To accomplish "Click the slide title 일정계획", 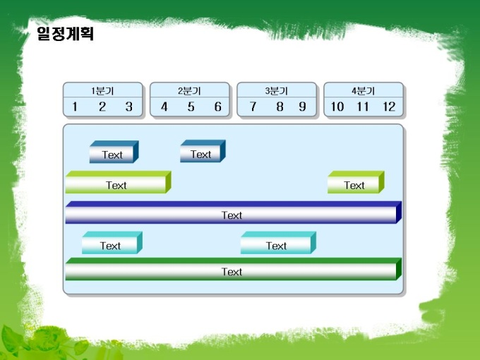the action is pyautogui.click(x=65, y=33).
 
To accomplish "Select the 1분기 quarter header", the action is pyautogui.click(x=102, y=90).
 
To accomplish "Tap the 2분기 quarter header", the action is pyautogui.click(x=189, y=90).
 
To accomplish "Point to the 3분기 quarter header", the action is pyautogui.click(x=276, y=90).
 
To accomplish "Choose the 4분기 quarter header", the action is pyautogui.click(x=363, y=90).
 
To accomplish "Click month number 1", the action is pyautogui.click(x=75, y=107).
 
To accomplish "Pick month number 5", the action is pyautogui.click(x=191, y=107).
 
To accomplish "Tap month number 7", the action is pyautogui.click(x=253, y=107).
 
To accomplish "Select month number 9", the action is pyautogui.click(x=302, y=107).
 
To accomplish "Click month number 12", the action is pyautogui.click(x=389, y=107).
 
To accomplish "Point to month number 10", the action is pyautogui.click(x=337, y=107).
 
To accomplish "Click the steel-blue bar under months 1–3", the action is pyautogui.click(x=114, y=152).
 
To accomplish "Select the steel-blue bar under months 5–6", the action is pyautogui.click(x=203, y=151).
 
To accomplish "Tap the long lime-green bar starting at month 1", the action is pyautogui.click(x=118, y=182).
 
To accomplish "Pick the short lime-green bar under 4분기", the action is pyautogui.click(x=356, y=182).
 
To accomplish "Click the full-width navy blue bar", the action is pyautogui.click(x=233, y=212).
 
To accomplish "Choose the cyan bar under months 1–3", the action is pyautogui.click(x=112, y=243).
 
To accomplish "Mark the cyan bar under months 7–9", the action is pyautogui.click(x=278, y=243).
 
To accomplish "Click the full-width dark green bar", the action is pyautogui.click(x=233, y=269).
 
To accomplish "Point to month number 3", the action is pyautogui.click(x=129, y=107).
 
